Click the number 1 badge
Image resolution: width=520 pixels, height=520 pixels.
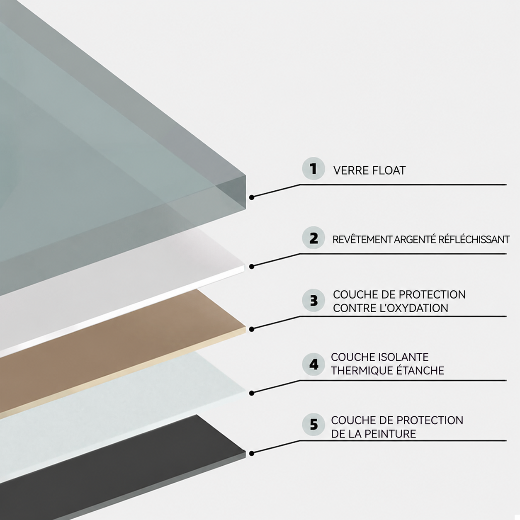[313, 169]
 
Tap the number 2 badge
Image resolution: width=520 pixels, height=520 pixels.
[313, 238]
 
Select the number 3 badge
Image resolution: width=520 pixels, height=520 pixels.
[313, 300]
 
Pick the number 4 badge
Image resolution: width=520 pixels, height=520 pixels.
[313, 364]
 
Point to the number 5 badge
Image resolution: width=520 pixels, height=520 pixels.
[313, 425]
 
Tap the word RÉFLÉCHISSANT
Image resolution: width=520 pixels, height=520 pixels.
[474, 240]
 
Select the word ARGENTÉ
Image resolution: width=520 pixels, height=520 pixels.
[415, 240]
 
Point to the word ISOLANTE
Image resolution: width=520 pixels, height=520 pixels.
[404, 357]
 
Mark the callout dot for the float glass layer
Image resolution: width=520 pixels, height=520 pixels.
[252, 197]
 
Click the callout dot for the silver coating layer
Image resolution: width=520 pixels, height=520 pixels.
[252, 267]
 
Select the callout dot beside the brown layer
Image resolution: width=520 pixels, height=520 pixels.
[252, 329]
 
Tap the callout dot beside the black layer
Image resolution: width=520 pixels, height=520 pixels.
[252, 454]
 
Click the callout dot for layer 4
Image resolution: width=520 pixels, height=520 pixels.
[252, 393]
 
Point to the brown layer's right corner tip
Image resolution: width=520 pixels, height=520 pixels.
[245, 327]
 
